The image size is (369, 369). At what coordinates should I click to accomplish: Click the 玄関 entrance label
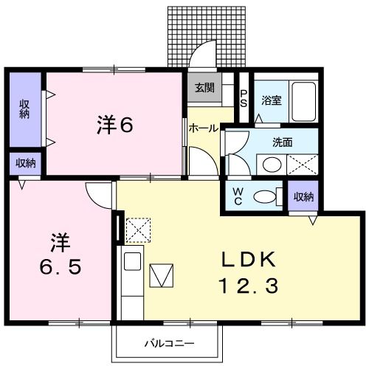pos(204,87)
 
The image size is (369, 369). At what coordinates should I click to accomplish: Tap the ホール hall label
pos(203,128)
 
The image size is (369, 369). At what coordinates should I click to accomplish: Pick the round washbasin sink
pos(272,164)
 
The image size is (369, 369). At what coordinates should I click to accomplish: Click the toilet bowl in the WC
pos(266,196)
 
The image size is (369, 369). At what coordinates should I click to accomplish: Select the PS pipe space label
pos(244,97)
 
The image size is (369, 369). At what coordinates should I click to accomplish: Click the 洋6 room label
pos(114,125)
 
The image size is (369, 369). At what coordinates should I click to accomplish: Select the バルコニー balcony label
pos(168,344)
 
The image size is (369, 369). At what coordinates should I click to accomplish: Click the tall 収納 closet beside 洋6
pos(24,109)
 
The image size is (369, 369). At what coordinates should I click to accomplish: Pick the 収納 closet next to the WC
pos(303,196)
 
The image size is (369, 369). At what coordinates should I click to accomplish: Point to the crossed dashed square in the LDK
pos(137,230)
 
